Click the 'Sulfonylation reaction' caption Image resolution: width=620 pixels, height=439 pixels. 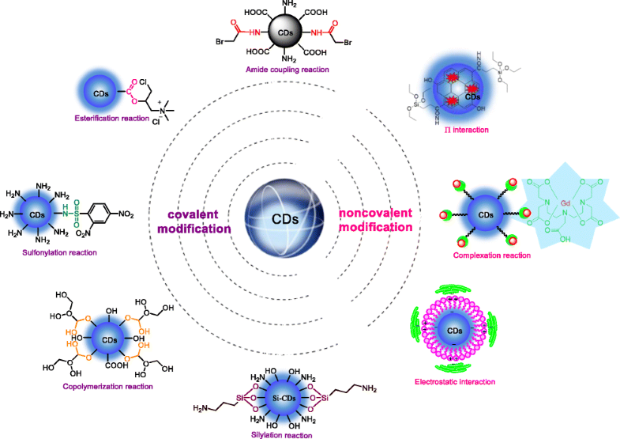[61, 252]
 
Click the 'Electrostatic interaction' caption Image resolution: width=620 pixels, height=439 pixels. [455, 382]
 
